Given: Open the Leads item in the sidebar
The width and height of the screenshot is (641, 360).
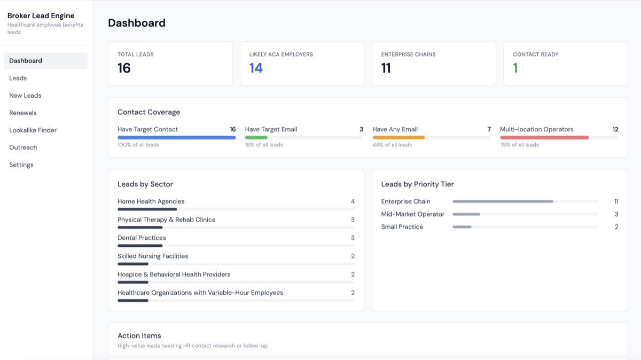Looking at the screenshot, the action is (18, 78).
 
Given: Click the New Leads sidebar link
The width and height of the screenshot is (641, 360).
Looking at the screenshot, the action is (25, 96).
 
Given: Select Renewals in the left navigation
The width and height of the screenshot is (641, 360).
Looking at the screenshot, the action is (23, 113).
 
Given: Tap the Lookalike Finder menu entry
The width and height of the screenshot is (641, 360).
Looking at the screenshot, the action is (33, 130).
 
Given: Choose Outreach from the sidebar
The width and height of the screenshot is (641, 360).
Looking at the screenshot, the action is (23, 147).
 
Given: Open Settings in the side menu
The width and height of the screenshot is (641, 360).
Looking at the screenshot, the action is (21, 165).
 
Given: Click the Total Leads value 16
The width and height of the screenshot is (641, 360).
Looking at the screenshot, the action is (124, 68).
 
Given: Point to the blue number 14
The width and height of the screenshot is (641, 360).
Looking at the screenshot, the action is (256, 68).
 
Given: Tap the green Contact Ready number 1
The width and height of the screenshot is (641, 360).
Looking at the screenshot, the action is (515, 68).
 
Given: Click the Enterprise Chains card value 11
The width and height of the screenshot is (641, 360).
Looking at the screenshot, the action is (386, 68).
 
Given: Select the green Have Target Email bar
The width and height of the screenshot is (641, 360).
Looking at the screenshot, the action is (256, 138).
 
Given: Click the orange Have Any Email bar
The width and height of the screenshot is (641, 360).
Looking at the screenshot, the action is (398, 138).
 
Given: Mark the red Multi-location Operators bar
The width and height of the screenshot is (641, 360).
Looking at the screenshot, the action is (544, 138).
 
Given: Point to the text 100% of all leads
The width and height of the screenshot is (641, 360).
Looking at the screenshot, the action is (138, 145).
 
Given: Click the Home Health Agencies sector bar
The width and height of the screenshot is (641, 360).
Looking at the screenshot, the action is (147, 209).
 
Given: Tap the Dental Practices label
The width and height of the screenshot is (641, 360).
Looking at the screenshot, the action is (142, 238).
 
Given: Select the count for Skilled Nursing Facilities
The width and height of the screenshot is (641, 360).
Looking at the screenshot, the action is (353, 256).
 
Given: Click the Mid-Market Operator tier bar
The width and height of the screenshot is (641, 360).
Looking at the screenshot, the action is (466, 214).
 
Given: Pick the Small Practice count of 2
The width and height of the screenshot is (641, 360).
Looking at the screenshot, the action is (616, 227).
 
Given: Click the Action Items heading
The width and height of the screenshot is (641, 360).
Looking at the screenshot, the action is (139, 335).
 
